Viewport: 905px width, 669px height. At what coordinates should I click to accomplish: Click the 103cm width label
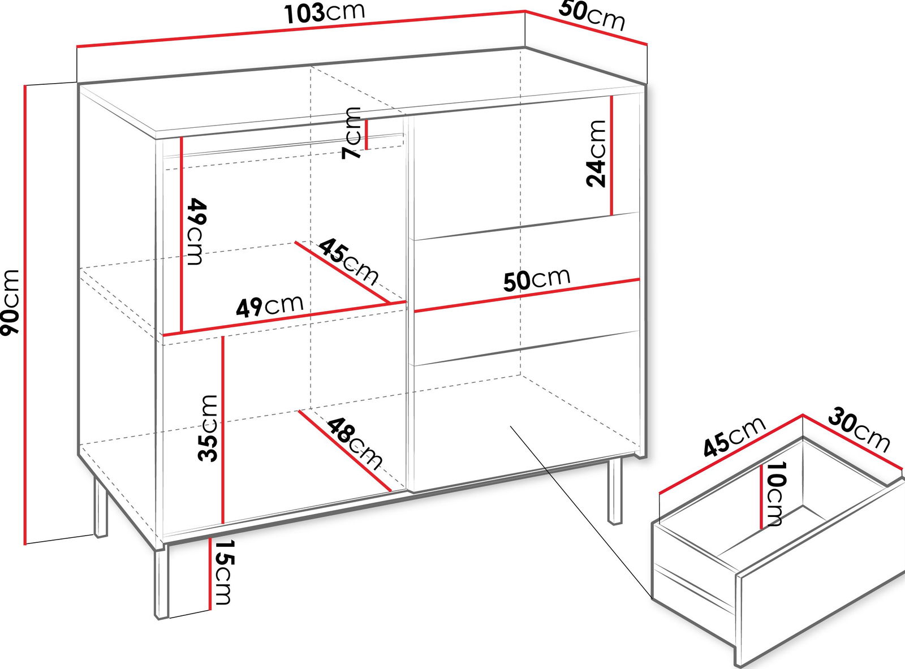[324, 14]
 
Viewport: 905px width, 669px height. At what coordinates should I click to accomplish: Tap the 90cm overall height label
[10, 303]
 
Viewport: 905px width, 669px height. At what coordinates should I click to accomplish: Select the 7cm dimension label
[351, 133]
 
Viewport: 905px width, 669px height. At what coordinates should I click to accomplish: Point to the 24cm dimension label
[596, 154]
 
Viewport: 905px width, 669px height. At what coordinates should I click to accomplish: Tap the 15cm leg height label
[223, 572]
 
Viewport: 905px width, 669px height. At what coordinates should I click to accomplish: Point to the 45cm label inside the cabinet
[348, 262]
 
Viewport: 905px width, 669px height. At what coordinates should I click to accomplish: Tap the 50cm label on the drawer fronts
[537, 280]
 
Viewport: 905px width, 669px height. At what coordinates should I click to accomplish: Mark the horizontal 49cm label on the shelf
[270, 307]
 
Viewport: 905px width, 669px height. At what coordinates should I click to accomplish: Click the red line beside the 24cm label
[612, 156]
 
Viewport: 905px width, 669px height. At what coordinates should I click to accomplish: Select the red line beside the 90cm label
[25, 314]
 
